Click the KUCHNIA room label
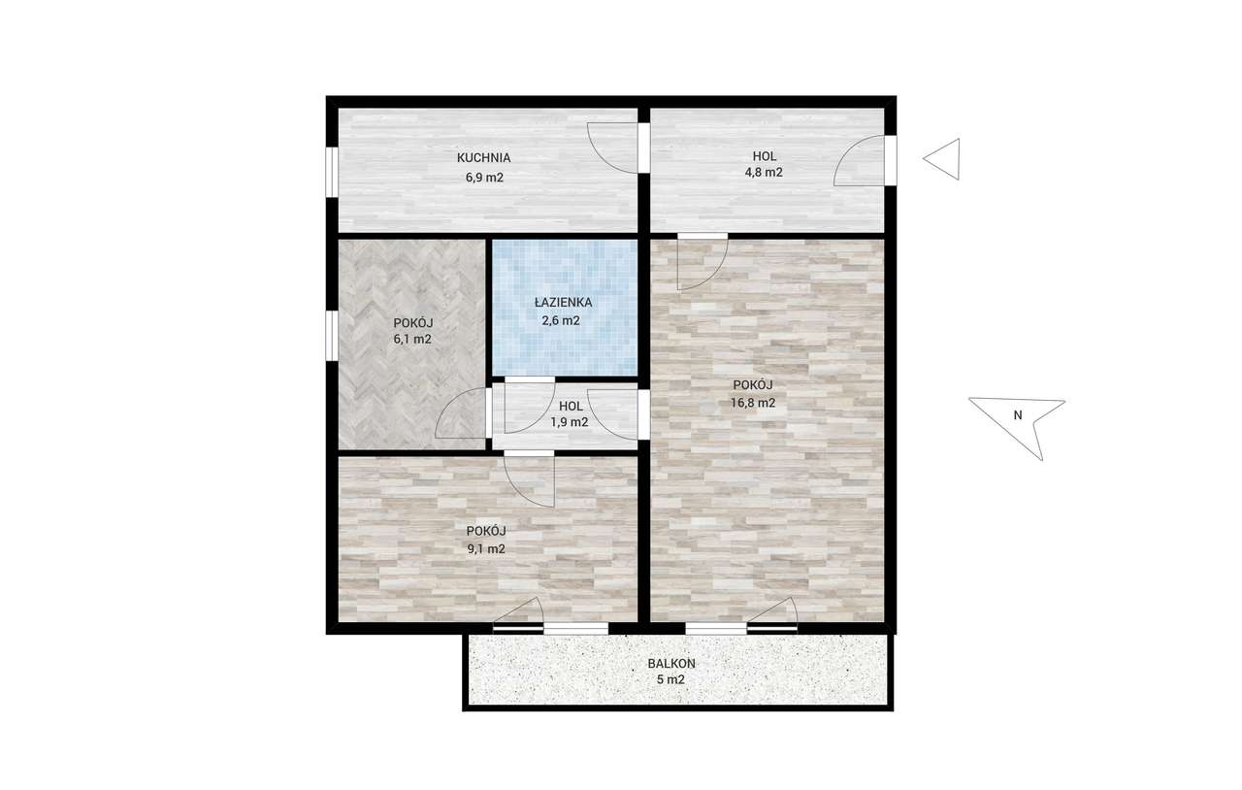pyautogui.click(x=483, y=157)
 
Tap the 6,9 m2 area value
pyautogui.click(x=484, y=178)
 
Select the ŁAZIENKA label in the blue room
pyautogui.click(x=563, y=303)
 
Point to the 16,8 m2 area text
pyautogui.click(x=752, y=403)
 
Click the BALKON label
pyautogui.click(x=671, y=664)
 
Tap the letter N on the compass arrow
pyautogui.click(x=1018, y=415)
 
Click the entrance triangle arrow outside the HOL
pyautogui.click(x=941, y=158)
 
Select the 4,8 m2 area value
pyautogui.click(x=764, y=172)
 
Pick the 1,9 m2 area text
pyautogui.click(x=570, y=422)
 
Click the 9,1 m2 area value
pyautogui.click(x=486, y=549)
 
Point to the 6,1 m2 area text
pyautogui.click(x=412, y=339)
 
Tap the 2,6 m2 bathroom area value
pyautogui.click(x=561, y=320)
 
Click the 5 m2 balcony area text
pyautogui.click(x=670, y=679)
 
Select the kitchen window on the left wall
pyautogui.click(x=332, y=172)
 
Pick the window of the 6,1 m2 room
pyautogui.click(x=332, y=336)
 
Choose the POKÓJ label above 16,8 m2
pyautogui.click(x=752, y=384)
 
